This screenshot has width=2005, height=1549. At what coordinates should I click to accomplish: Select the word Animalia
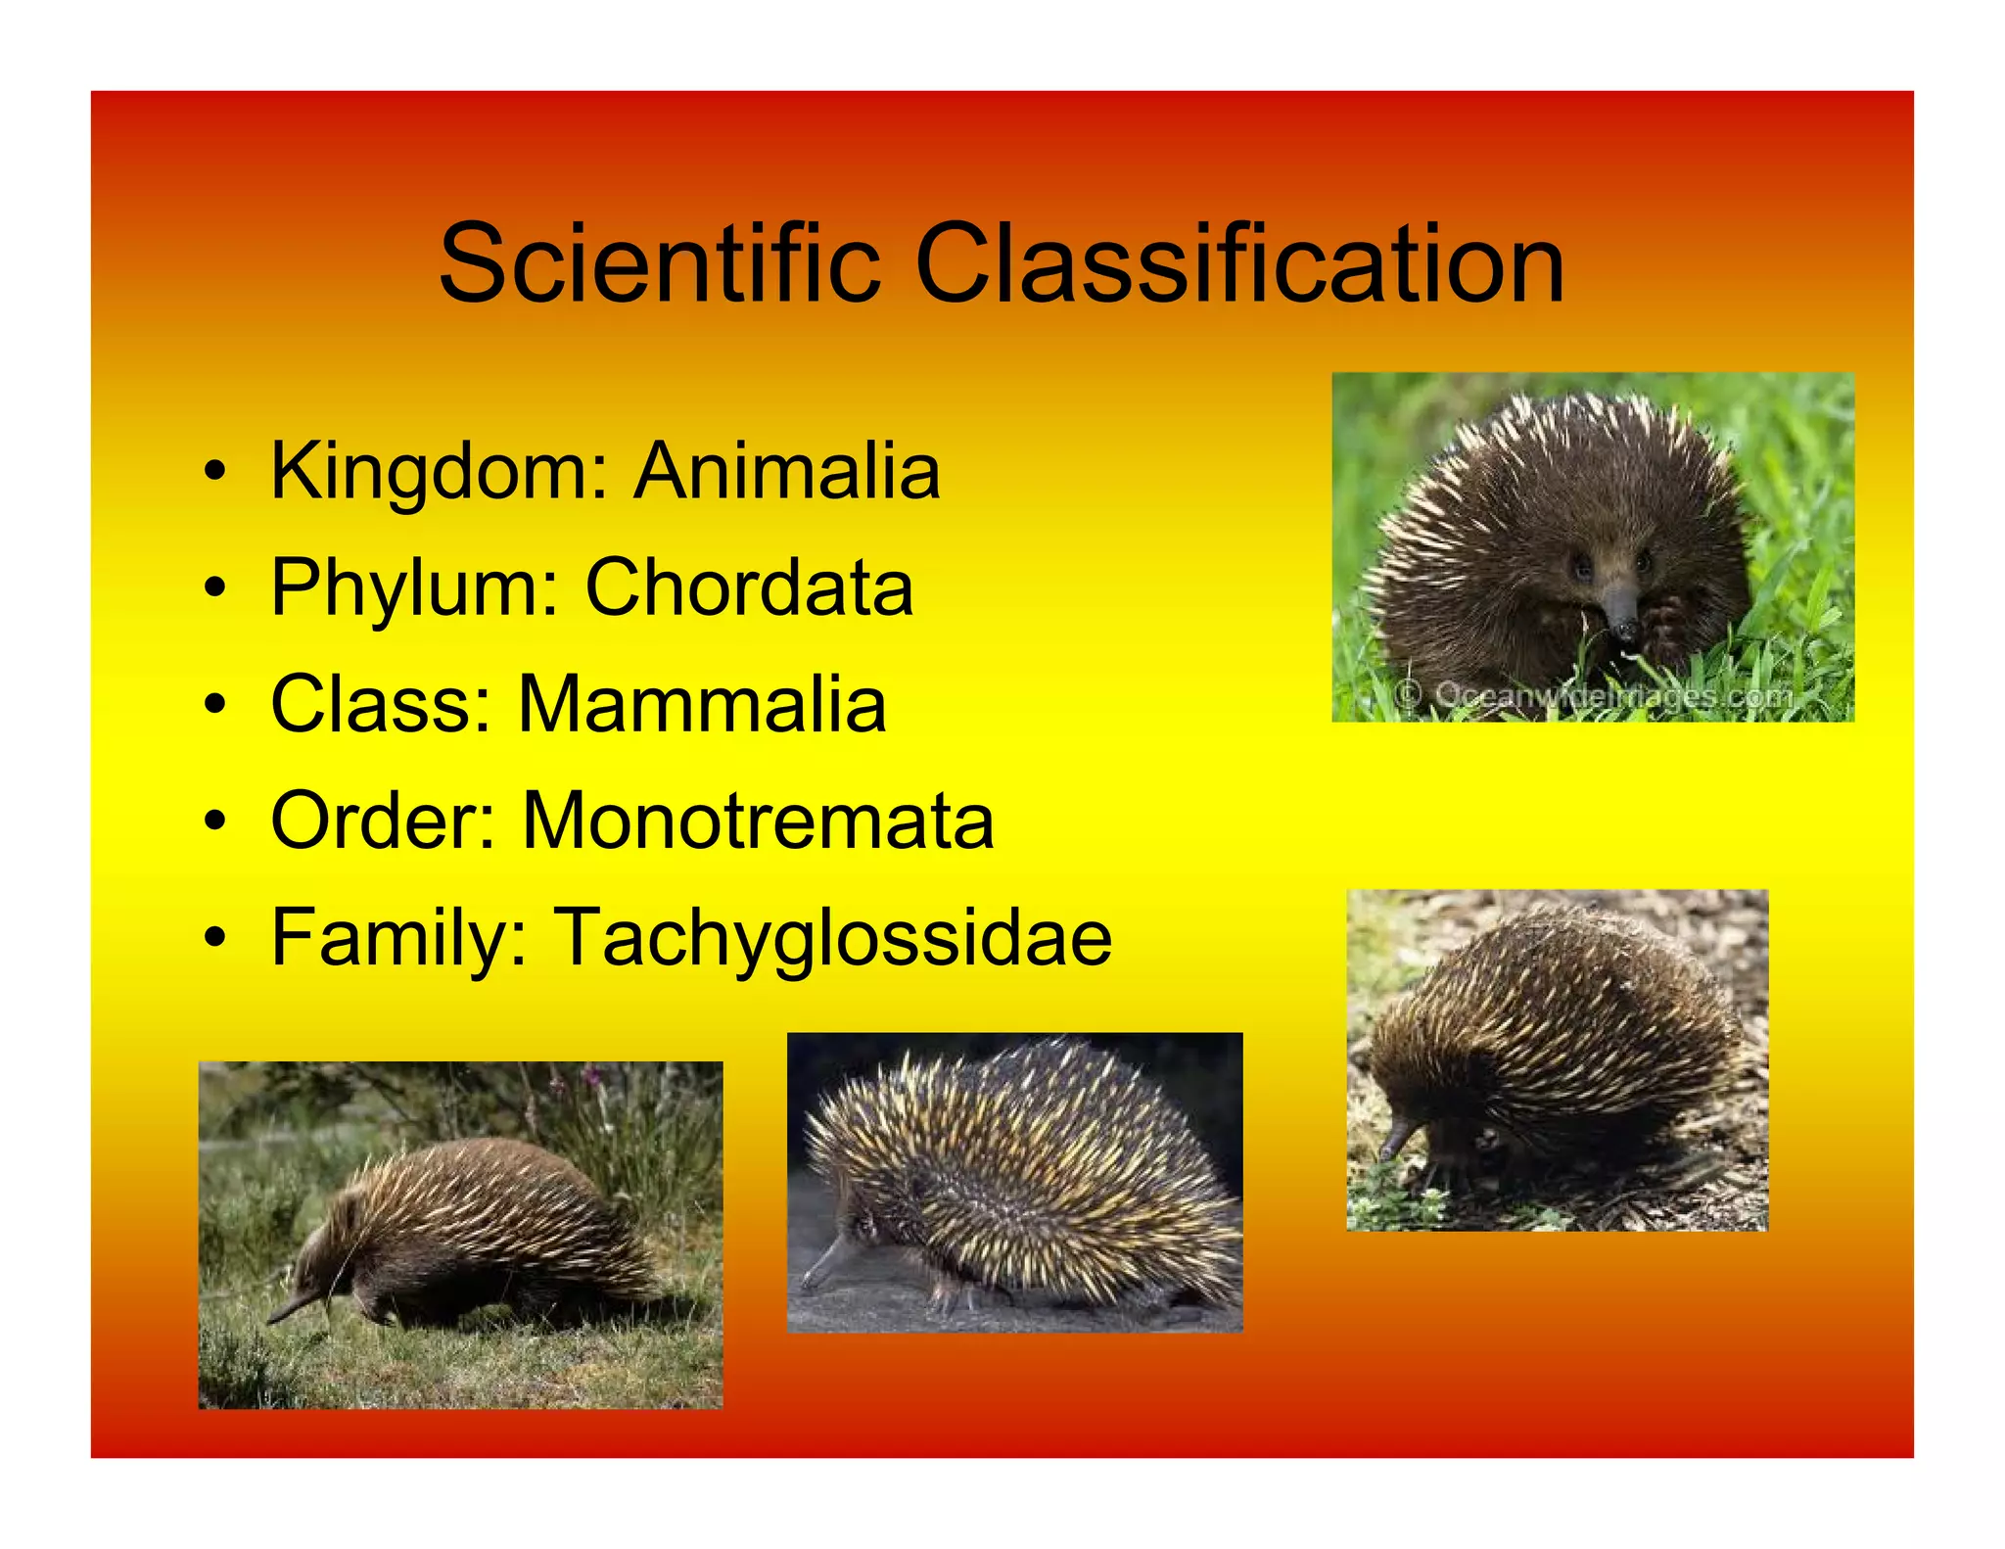click(787, 471)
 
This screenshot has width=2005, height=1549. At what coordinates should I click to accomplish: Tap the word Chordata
click(749, 587)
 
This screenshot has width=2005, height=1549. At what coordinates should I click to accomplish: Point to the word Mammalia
click(702, 704)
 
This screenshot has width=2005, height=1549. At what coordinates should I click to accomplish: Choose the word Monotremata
click(759, 821)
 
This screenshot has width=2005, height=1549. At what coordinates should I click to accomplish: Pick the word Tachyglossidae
click(834, 938)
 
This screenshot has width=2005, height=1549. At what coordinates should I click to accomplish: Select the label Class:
click(382, 704)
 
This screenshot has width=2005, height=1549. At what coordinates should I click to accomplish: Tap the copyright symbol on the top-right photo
click(1408, 695)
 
